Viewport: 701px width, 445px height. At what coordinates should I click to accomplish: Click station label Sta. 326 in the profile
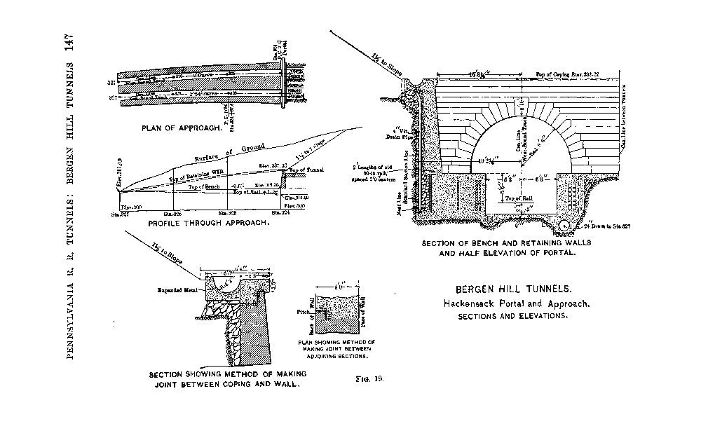point(172,213)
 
